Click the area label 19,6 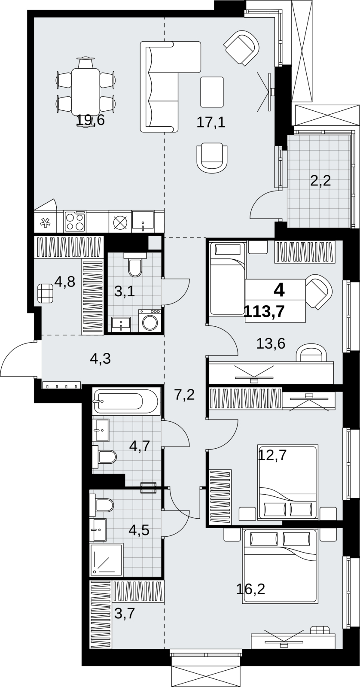(90, 120)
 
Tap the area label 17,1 (211, 123)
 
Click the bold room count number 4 (279, 290)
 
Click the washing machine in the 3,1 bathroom (150, 320)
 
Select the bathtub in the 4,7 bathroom (126, 401)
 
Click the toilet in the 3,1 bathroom (135, 264)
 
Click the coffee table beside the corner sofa (212, 92)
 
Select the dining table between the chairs (85, 91)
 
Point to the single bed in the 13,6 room (227, 278)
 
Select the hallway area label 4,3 (101, 358)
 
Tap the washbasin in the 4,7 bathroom (101, 431)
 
